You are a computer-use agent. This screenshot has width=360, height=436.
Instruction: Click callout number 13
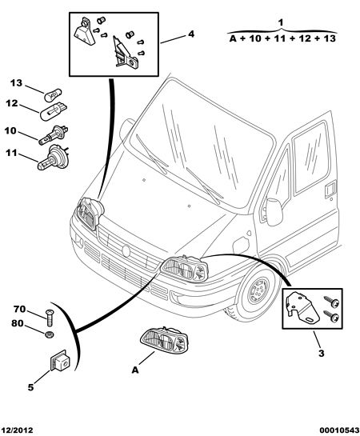click(x=16, y=83)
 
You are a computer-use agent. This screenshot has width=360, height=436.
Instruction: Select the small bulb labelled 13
click(x=53, y=95)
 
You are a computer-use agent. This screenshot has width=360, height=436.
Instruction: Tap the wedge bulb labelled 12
click(x=54, y=112)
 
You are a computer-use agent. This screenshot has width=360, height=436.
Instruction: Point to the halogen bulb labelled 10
click(x=54, y=135)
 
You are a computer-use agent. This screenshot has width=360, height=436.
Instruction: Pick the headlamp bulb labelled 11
click(x=53, y=158)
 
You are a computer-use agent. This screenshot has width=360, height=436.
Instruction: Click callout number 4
click(x=191, y=34)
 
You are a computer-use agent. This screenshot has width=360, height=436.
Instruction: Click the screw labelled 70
click(x=50, y=318)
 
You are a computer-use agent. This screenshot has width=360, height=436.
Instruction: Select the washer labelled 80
click(x=50, y=334)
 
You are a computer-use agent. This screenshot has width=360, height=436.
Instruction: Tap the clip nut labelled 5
click(x=60, y=361)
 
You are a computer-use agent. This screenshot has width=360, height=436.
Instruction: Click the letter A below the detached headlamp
click(x=135, y=370)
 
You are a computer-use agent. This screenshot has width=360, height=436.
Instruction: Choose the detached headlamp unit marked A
click(x=165, y=342)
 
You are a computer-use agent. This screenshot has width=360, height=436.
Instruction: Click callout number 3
click(x=321, y=354)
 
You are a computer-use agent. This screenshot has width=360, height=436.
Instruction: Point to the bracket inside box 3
click(x=302, y=308)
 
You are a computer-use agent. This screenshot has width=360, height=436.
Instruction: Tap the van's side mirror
click(x=274, y=212)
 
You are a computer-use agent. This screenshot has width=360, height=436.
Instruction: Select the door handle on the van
click(x=330, y=189)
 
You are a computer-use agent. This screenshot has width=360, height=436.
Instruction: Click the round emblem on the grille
click(x=126, y=250)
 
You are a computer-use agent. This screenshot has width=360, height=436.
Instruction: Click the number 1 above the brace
click(x=281, y=22)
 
